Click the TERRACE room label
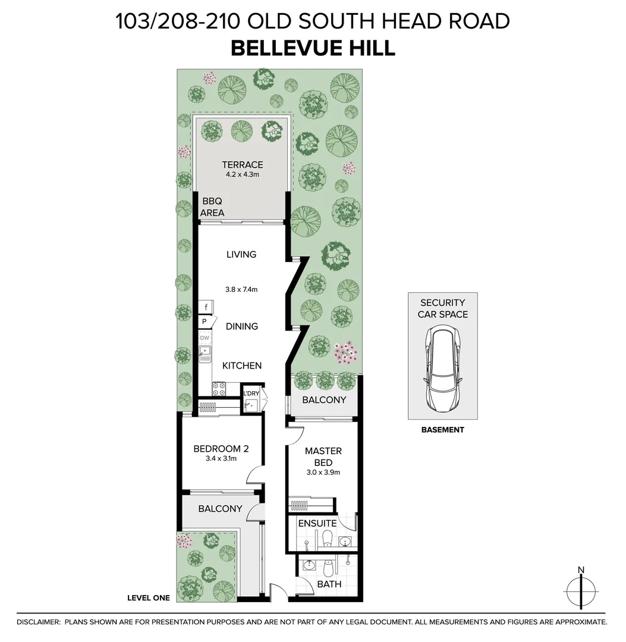click(242, 165)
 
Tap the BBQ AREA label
click(212, 207)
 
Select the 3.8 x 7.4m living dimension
click(241, 289)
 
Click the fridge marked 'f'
click(206, 307)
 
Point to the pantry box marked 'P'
click(205, 322)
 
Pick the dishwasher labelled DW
click(205, 338)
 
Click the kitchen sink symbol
click(205, 355)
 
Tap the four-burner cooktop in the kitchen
click(219, 389)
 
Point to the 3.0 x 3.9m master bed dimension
click(323, 473)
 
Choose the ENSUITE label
click(317, 524)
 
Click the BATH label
click(329, 584)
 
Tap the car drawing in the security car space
click(442, 372)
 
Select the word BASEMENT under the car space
click(442, 430)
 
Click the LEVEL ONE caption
click(149, 598)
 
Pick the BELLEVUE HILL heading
click(313, 48)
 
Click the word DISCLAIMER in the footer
click(38, 622)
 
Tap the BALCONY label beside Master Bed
click(324, 400)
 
